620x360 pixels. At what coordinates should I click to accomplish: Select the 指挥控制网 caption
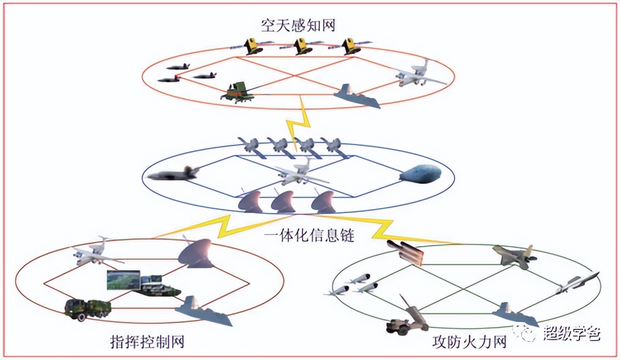coord(147,342)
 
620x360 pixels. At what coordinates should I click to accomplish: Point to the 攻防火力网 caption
coord(469,342)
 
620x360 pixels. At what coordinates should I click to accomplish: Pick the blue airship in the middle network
coord(420,174)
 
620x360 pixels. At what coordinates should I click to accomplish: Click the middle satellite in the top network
coord(302,46)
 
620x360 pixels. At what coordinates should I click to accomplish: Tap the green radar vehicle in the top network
coord(238,92)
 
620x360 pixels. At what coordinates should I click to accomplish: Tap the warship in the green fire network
coord(514,314)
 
